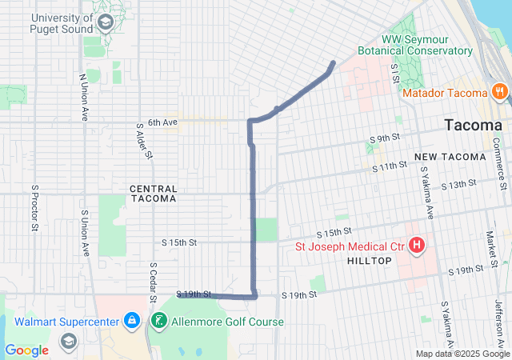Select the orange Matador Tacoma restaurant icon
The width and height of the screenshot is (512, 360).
499,91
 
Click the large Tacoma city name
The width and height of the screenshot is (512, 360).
474,126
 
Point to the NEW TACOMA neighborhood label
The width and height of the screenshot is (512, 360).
450,156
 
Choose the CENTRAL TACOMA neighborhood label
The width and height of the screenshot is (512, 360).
153,193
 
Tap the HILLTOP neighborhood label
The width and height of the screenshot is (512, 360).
370,262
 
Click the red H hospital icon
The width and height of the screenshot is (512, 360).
416,245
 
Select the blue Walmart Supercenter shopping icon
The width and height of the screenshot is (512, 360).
134,322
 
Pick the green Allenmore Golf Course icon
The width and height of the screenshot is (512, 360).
159,322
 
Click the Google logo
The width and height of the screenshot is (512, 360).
27,350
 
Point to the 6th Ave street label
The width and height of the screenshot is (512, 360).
162,122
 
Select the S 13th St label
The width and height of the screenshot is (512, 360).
458,184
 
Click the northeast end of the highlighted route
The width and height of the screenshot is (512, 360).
333,62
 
